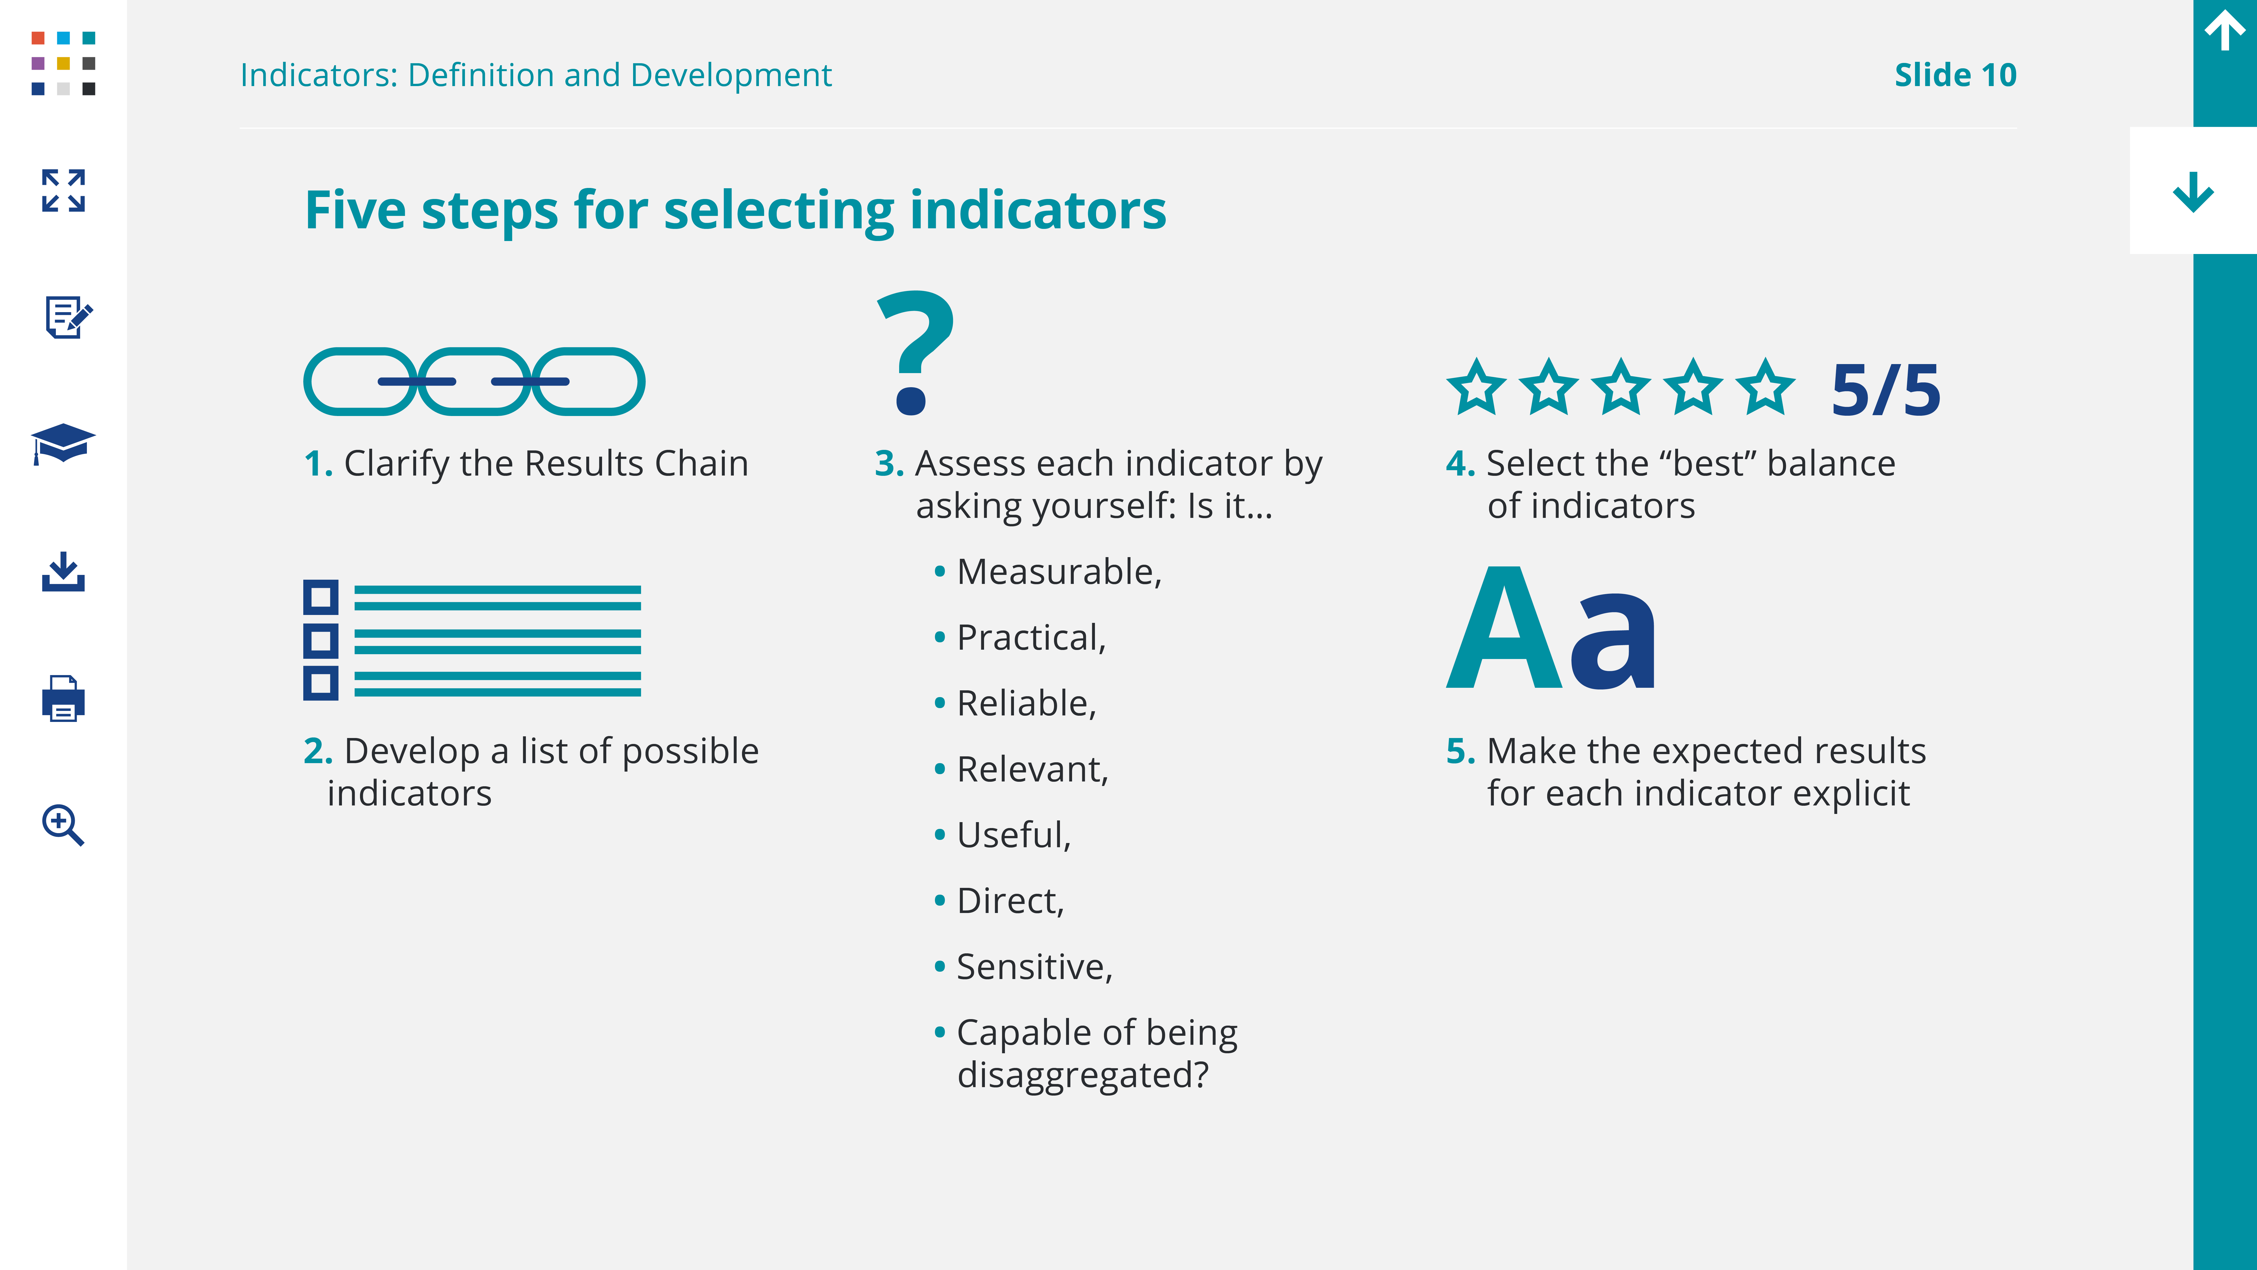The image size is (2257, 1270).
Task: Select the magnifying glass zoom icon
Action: (x=63, y=825)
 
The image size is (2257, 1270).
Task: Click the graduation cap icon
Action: (x=63, y=443)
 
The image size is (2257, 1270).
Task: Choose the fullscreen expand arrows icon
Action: (x=63, y=190)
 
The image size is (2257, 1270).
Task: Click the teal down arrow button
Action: (x=2193, y=192)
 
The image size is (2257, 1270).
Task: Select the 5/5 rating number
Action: (x=1885, y=389)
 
